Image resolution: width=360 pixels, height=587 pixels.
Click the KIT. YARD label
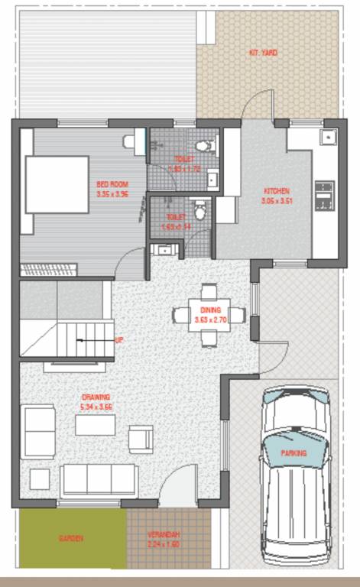263,53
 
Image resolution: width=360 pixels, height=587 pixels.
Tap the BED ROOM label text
112,184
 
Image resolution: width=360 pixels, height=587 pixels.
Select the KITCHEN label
277,190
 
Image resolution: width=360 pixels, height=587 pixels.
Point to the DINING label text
210,310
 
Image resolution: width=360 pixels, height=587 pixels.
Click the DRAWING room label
96,397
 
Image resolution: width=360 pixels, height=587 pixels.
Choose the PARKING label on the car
293,453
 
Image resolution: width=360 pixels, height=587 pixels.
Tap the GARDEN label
72,538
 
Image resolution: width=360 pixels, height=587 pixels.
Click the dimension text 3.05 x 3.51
277,201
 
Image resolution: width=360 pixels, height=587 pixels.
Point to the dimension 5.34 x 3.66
96,407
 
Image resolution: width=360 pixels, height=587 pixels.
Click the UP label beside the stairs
118,339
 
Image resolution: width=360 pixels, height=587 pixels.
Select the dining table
210,314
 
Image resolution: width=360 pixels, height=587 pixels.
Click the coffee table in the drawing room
95,424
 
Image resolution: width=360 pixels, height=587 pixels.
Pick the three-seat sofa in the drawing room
99,480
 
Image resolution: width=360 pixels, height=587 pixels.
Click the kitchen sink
326,138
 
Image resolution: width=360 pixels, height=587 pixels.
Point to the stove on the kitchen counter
324,196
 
